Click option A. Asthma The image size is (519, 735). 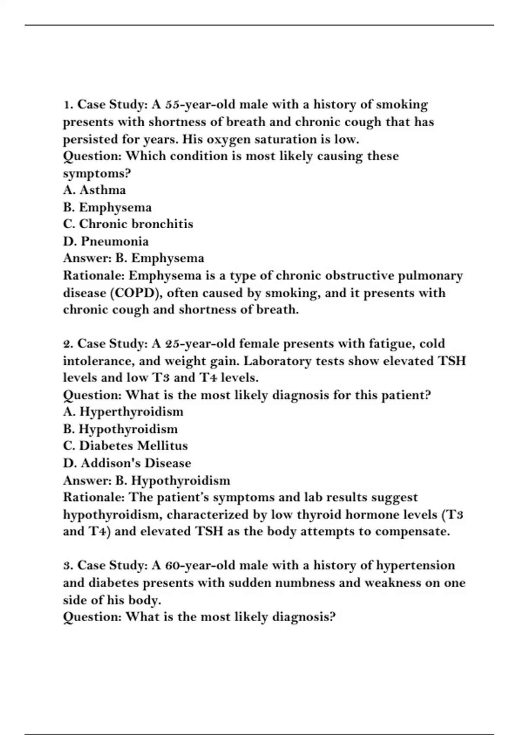(x=94, y=190)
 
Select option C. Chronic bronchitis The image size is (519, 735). (x=128, y=224)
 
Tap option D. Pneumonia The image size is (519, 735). (x=106, y=241)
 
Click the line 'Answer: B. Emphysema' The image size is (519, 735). (x=134, y=258)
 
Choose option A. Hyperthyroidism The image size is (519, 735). (x=123, y=412)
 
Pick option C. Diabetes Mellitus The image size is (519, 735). (x=125, y=446)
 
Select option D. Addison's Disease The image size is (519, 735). (x=127, y=463)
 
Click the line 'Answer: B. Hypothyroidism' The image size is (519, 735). (x=147, y=480)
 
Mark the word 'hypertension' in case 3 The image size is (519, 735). (x=416, y=566)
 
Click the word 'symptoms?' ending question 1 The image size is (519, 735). (x=97, y=173)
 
